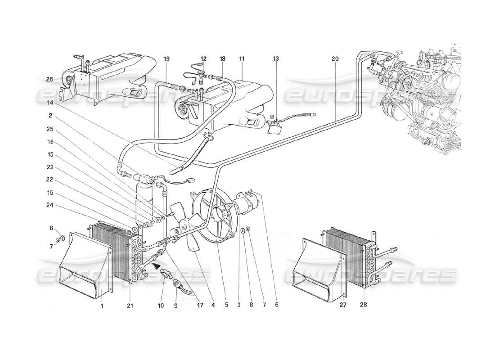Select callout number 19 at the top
(x=166, y=59)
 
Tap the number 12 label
(x=203, y=59)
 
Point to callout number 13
(x=275, y=59)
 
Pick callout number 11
(x=242, y=59)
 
